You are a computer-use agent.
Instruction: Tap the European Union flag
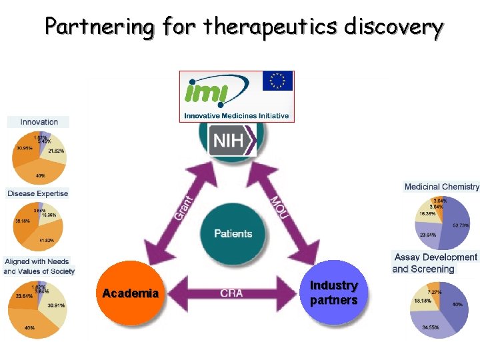click(x=277, y=82)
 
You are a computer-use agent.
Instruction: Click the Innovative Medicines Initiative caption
click(x=237, y=116)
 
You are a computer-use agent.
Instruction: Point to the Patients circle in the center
click(x=233, y=234)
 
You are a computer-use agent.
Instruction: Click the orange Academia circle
click(x=131, y=293)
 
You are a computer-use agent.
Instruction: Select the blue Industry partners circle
click(x=333, y=293)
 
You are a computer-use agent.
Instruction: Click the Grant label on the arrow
click(x=183, y=207)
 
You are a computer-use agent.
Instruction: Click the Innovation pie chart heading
click(x=39, y=122)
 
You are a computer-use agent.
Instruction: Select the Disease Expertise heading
click(x=38, y=193)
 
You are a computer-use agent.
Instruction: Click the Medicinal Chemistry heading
click(x=441, y=187)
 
